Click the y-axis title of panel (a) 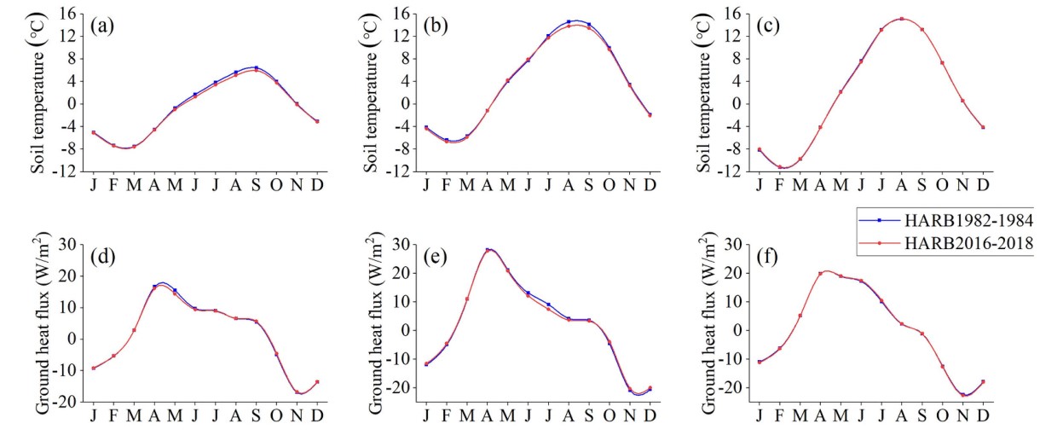pos(39,92)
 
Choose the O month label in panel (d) pos(276,415)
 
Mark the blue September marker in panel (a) pos(256,67)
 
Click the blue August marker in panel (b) pos(569,21)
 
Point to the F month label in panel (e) pos(447,415)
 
